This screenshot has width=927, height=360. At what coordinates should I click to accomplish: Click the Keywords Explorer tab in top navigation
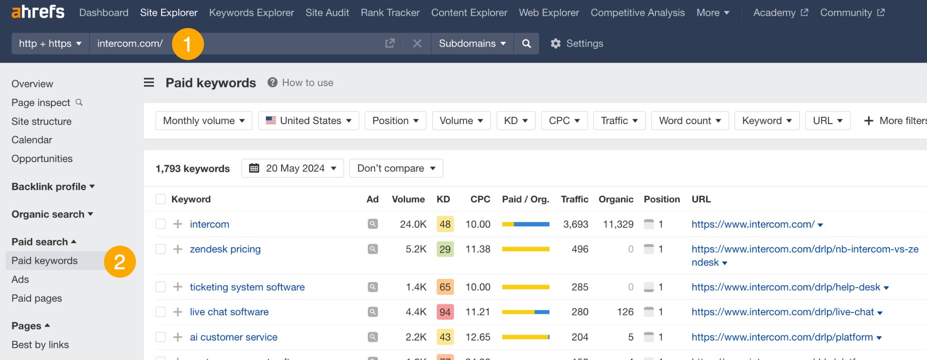click(251, 13)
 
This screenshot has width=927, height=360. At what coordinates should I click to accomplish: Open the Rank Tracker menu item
click(390, 13)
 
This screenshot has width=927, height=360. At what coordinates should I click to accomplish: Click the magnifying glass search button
click(526, 43)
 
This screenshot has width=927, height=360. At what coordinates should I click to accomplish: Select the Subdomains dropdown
click(472, 43)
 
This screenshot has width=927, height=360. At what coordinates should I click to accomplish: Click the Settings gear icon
click(556, 43)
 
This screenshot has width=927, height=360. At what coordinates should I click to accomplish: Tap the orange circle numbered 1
click(188, 44)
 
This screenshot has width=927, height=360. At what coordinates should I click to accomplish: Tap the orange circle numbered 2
click(120, 262)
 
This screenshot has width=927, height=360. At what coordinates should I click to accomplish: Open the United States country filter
click(309, 120)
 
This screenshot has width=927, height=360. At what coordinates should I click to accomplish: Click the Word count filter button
click(689, 120)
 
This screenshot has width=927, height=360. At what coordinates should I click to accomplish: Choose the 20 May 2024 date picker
click(292, 168)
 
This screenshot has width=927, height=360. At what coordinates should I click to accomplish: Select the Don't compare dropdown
click(396, 168)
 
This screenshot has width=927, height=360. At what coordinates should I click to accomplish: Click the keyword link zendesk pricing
click(225, 249)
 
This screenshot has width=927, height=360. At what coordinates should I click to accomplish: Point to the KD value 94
click(444, 312)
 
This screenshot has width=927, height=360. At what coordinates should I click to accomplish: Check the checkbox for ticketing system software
click(161, 287)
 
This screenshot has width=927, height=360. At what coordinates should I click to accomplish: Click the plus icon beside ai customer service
click(178, 337)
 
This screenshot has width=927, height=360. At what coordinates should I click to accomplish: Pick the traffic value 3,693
click(575, 224)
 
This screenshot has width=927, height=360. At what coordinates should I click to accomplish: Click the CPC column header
click(480, 199)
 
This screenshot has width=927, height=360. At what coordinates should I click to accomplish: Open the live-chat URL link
click(782, 312)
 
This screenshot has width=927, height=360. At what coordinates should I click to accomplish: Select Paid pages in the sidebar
click(37, 298)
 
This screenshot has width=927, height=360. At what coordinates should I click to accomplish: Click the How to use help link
click(307, 82)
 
